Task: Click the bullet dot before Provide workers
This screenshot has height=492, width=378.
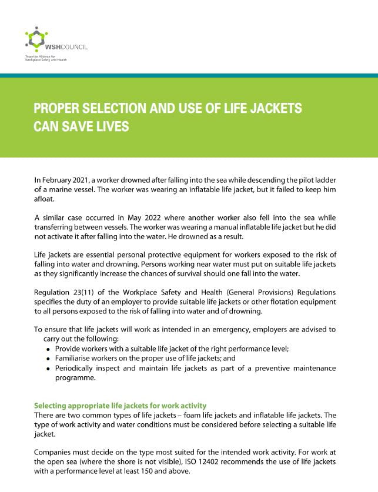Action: [48, 349]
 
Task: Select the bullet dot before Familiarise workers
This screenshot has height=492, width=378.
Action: [48, 359]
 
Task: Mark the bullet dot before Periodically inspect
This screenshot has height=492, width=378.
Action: [48, 369]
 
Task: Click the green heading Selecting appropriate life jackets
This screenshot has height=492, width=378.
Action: [121, 406]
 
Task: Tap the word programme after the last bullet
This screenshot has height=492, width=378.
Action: [75, 378]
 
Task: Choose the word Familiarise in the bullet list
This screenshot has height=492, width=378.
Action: [75, 359]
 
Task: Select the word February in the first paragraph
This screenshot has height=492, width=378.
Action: [58, 179]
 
